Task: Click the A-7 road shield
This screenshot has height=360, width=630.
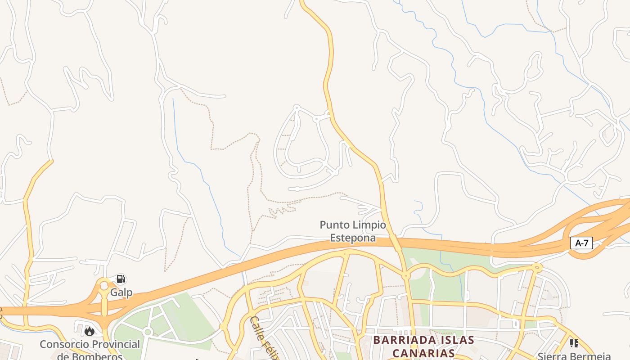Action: (x=582, y=243)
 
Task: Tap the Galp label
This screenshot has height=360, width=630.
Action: (x=121, y=292)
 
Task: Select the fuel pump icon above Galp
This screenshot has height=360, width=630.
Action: (x=120, y=279)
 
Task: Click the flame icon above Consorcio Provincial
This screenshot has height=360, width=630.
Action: (x=90, y=332)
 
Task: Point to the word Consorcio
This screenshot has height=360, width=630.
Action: (x=65, y=344)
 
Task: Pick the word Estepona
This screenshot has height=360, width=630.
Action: (x=353, y=238)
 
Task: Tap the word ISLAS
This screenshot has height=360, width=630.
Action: (x=455, y=340)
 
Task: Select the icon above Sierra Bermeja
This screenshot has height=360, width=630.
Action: (x=574, y=343)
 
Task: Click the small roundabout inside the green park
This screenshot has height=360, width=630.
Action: (x=147, y=332)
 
